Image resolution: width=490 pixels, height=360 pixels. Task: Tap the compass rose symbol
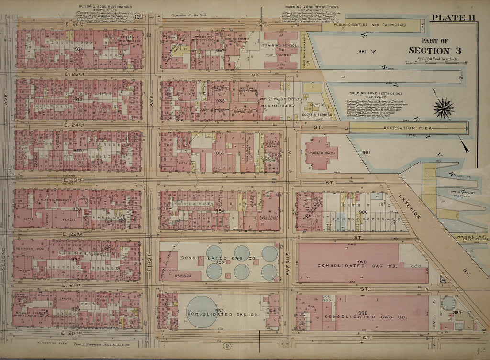click(x=443, y=108)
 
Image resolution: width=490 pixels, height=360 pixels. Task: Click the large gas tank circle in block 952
click(x=201, y=312)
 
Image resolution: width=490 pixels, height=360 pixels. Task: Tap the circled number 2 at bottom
click(x=227, y=346)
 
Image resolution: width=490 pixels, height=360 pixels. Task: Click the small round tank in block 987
click(x=449, y=303)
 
